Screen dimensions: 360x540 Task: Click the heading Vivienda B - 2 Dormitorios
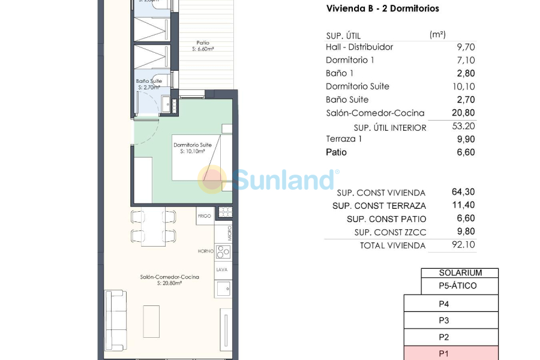tap(382, 8)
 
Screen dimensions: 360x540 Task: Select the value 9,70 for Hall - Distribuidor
tap(466, 47)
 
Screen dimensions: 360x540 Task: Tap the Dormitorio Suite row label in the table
tap(357, 86)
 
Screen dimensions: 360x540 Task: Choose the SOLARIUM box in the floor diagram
tap(460, 272)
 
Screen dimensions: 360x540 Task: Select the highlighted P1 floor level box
tap(451, 353)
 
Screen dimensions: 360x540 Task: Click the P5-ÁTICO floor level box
tap(460, 286)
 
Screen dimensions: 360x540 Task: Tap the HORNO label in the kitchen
tap(206, 251)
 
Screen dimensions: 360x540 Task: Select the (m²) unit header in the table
tap(438, 35)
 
